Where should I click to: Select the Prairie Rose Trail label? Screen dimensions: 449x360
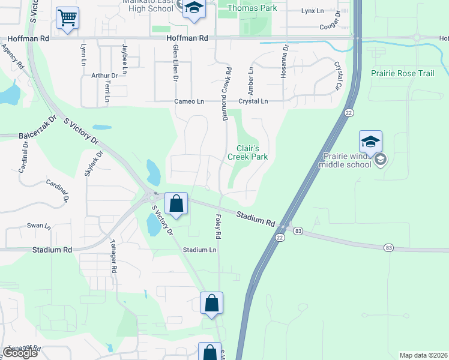(x=402, y=73)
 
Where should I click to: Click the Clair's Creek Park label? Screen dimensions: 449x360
(x=247, y=152)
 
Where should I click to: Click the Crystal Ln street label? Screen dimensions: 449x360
(x=253, y=101)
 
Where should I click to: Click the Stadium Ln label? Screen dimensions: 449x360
(x=199, y=250)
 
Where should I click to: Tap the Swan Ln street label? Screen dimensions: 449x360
(x=39, y=226)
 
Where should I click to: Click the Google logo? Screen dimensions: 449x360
(x=20, y=353)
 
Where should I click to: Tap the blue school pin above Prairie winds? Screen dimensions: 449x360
(x=370, y=142)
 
